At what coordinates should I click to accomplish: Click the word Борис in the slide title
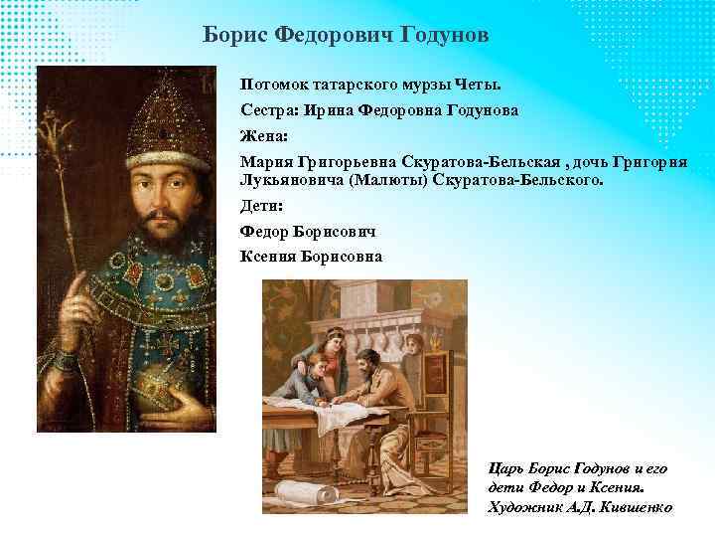235,35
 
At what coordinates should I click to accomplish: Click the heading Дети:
260,208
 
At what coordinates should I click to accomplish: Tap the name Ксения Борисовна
310,257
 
